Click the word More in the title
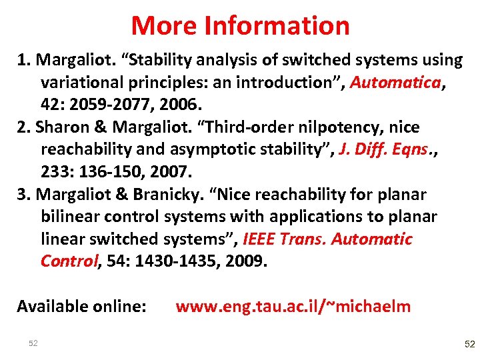pos(165,26)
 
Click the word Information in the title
pos(277,26)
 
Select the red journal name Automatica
pos(395,83)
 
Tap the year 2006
pos(179,105)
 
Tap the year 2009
pos(244,261)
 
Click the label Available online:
pos(81,307)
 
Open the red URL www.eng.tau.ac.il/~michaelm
pos(293,307)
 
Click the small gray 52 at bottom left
pos(33,343)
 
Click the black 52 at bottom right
pos(469,344)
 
